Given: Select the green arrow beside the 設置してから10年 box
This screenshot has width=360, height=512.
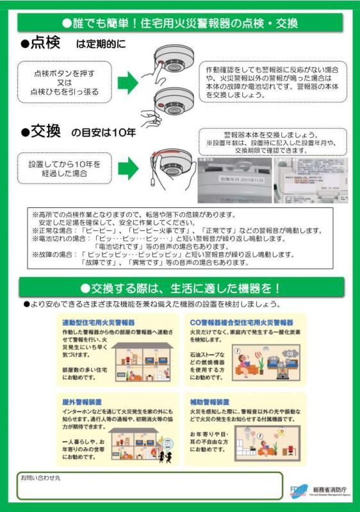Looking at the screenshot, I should click(x=129, y=168).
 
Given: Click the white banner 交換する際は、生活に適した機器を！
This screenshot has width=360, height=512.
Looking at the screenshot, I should click(x=181, y=288).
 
